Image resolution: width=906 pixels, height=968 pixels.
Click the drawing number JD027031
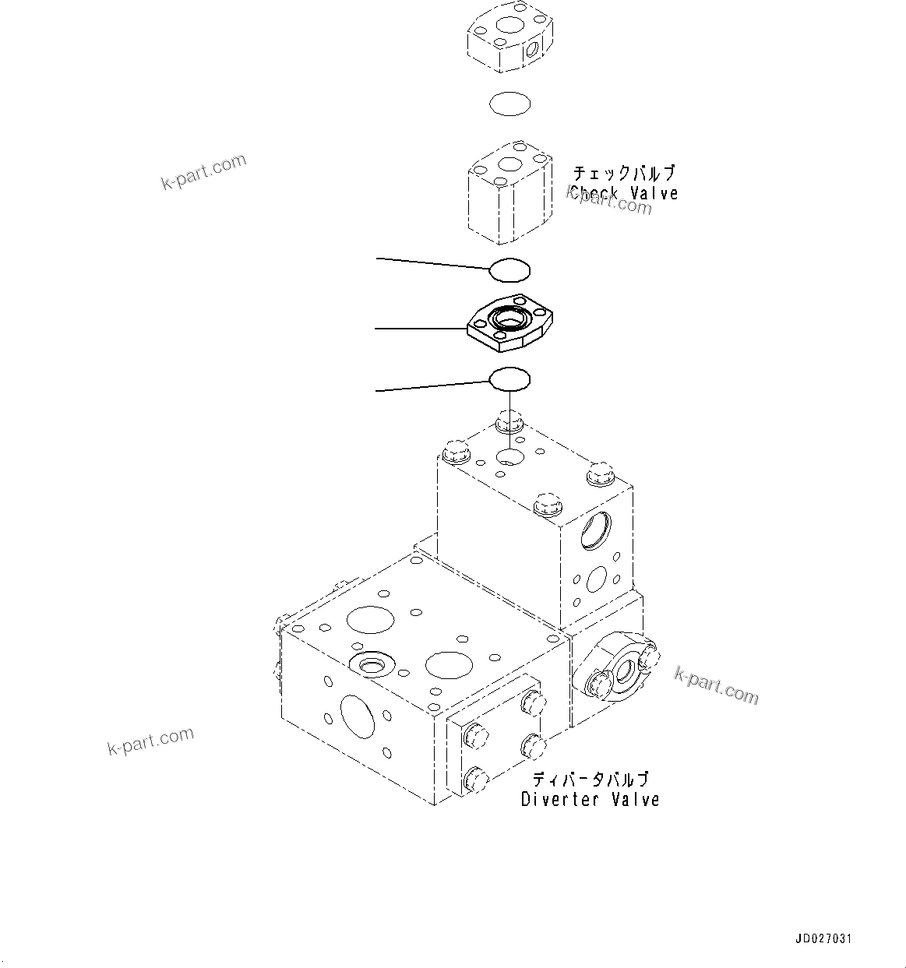pyautogui.click(x=824, y=939)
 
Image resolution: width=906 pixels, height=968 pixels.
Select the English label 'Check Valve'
pyautogui.click(x=623, y=194)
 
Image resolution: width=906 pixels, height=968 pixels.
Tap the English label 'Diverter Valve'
pyautogui.click(x=590, y=799)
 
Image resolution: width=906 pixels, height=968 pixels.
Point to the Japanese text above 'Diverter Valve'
pyautogui.click(x=590, y=779)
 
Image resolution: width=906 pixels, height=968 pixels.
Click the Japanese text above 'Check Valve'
pyautogui.click(x=623, y=173)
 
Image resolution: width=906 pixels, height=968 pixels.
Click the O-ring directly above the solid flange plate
pyautogui.click(x=509, y=269)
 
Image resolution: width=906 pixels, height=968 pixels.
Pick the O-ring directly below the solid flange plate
pyautogui.click(x=509, y=379)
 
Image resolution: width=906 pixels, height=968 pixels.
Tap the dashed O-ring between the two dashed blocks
pyautogui.click(x=509, y=104)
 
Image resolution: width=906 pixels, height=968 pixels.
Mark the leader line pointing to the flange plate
pyautogui.click(x=421, y=329)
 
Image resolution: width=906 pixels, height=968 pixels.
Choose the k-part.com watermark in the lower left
pyautogui.click(x=150, y=741)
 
